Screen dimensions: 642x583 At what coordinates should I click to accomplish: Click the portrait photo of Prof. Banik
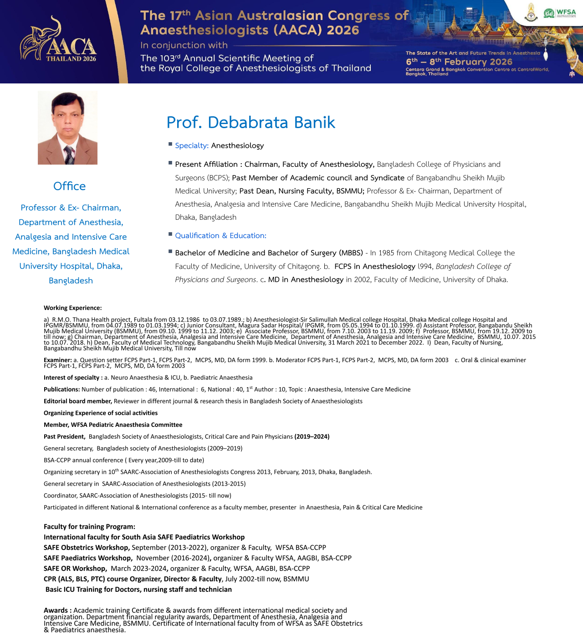pyautogui.click(x=67, y=128)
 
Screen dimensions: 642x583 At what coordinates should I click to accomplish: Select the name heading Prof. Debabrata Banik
pyautogui.click(x=251, y=122)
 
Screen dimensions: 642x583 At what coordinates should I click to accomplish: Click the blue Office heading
pyautogui.click(x=69, y=186)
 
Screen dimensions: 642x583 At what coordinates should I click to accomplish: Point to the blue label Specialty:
pyautogui.click(x=192, y=145)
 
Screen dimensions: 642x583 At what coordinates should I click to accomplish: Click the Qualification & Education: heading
pyautogui.click(x=220, y=235)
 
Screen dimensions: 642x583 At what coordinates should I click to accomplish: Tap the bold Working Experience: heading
pyautogui.click(x=72, y=308)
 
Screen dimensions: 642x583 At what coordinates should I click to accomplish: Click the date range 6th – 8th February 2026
pyautogui.click(x=459, y=62)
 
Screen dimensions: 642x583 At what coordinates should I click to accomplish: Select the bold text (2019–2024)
pyautogui.click(x=312, y=436)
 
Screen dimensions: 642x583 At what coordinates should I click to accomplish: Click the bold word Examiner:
pyautogui.click(x=57, y=360)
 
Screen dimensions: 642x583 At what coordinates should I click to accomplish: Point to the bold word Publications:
pyautogui.click(x=61, y=389)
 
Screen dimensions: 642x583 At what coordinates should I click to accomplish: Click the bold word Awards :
pyautogui.click(x=57, y=610)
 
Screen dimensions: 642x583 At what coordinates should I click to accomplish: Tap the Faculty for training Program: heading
pyautogui.click(x=89, y=527)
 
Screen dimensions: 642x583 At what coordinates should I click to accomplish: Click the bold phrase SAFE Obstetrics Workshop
pyautogui.click(x=87, y=548)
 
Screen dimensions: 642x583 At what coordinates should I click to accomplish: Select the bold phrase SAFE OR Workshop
pyautogui.click(x=75, y=569)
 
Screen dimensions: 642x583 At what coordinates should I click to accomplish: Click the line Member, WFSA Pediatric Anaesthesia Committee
pyautogui.click(x=113, y=425)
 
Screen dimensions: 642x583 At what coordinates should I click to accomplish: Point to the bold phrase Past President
pyautogui.click(x=64, y=436)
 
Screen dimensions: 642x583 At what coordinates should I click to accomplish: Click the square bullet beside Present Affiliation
pyautogui.click(x=170, y=163)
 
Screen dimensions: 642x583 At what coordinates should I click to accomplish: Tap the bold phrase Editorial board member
pyautogui.click(x=77, y=401)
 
